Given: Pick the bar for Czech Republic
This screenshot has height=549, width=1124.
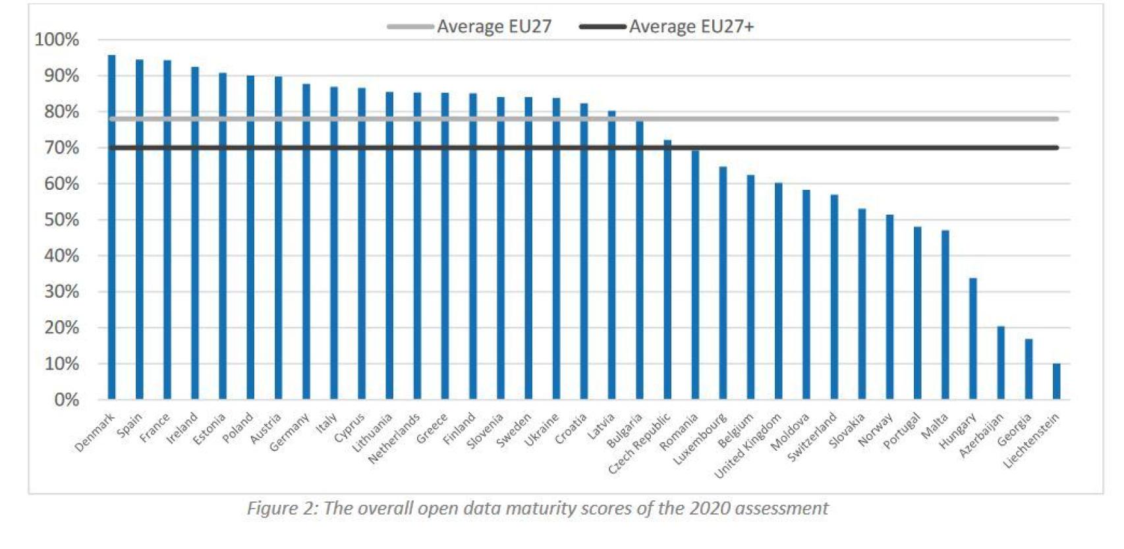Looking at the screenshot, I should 667,270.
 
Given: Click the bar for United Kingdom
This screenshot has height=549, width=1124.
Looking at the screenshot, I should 778,291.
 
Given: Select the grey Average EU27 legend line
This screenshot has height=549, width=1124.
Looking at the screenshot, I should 410,26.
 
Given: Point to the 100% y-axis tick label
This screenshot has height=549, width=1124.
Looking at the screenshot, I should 57,40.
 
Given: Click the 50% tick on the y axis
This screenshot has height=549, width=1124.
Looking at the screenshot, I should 61,219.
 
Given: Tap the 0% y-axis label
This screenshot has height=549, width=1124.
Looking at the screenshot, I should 66,399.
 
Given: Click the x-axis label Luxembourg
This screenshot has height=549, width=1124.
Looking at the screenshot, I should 700,438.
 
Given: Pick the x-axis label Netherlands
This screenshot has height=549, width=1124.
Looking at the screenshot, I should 394,438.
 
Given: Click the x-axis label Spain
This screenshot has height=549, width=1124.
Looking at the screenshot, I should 129,425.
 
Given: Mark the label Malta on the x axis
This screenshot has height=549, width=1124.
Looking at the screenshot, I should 934,426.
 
